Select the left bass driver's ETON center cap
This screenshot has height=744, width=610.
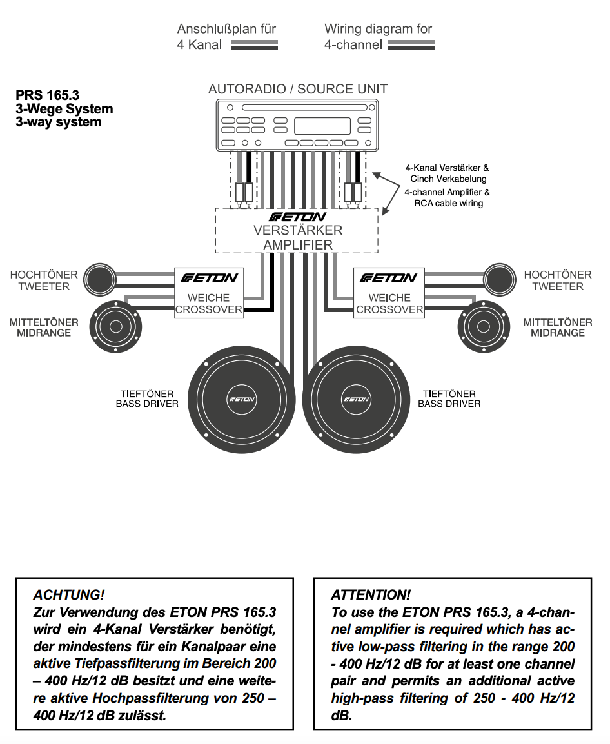242,399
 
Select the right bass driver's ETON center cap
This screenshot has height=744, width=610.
356,399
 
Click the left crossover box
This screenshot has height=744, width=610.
209,292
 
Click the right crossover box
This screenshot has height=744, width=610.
389,292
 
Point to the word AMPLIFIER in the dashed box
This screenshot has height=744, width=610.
298,245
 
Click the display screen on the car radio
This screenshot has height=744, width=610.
322,126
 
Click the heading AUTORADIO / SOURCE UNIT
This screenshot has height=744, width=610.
298,89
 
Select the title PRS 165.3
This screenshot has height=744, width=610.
48,95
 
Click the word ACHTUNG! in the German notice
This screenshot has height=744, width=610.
68,594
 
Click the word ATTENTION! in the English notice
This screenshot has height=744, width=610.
370,594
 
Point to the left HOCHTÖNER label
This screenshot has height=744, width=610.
44,275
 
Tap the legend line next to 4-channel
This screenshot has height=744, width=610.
411,45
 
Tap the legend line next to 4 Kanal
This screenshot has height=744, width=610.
254,45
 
